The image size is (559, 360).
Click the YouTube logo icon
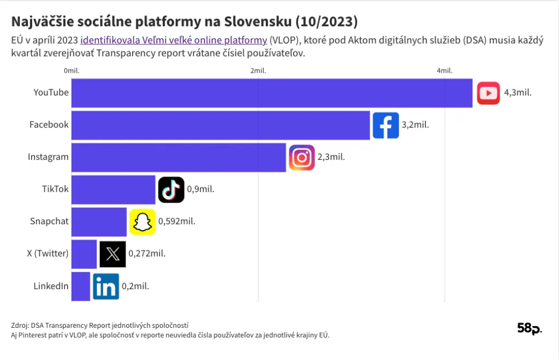(x=488, y=93)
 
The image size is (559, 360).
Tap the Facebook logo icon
(x=385, y=125)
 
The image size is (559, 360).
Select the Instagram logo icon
(x=301, y=158)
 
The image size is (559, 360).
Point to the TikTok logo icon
(x=171, y=190)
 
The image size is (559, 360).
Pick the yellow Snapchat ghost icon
(x=142, y=222)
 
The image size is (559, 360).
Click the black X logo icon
(x=112, y=254)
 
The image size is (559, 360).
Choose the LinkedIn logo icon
(x=105, y=286)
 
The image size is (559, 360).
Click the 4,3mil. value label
(x=518, y=93)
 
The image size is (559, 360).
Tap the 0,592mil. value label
(x=177, y=221)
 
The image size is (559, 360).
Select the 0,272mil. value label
(x=147, y=254)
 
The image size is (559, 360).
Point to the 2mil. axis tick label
(x=258, y=71)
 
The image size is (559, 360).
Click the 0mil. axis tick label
(x=72, y=71)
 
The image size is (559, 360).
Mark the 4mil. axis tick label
(x=444, y=71)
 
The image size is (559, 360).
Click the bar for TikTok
(x=114, y=190)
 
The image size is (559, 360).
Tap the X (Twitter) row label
(x=48, y=254)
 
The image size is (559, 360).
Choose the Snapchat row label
(x=50, y=221)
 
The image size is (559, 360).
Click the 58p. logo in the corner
(x=530, y=328)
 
